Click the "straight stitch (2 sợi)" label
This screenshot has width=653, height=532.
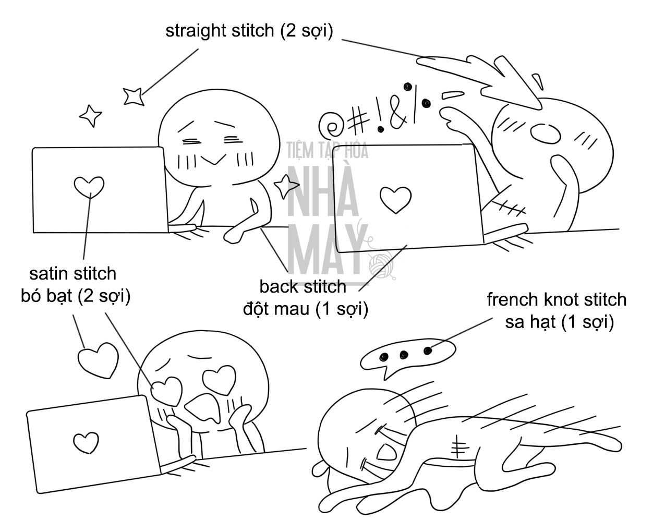[249, 31]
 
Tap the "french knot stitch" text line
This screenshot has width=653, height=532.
[557, 299]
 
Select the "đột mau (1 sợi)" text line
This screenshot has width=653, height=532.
[306, 309]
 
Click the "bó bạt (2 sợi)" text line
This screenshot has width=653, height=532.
[76, 296]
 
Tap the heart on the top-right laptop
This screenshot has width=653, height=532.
[395, 200]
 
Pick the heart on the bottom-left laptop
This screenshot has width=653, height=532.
[86, 442]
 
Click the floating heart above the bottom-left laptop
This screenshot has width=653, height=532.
[98, 360]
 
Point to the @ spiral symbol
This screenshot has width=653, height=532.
[330, 125]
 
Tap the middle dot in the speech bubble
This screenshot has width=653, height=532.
[404, 355]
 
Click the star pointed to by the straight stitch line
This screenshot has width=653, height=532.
[134, 96]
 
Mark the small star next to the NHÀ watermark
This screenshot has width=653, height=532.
[286, 186]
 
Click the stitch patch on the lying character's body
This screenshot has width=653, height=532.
[457, 446]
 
